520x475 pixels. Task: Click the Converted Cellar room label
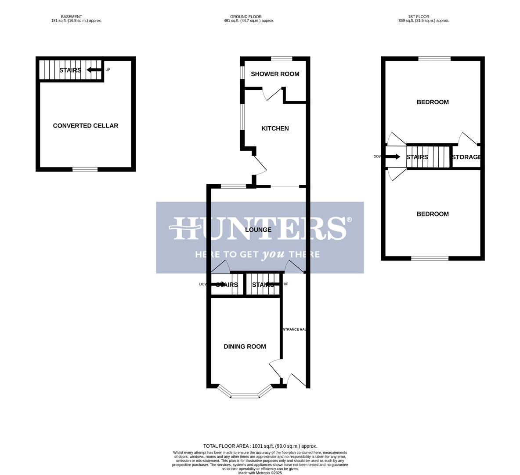[85, 126]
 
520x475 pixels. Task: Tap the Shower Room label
[275, 74]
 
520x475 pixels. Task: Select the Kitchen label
[275, 128]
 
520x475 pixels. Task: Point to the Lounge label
[258, 230]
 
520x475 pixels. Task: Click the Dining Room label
[245, 347]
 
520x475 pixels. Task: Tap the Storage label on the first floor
[466, 157]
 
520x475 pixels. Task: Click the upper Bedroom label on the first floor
[433, 102]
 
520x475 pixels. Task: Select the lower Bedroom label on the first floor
[433, 214]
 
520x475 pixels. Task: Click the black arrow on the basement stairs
[94, 70]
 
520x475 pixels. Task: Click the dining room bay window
[245, 395]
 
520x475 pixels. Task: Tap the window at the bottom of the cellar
[85, 169]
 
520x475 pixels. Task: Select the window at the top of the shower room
[282, 58]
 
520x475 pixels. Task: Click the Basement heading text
[72, 17]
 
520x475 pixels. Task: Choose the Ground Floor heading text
[246, 17]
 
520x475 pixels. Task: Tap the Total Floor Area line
[260, 446]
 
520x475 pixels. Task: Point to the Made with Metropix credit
[260, 473]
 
